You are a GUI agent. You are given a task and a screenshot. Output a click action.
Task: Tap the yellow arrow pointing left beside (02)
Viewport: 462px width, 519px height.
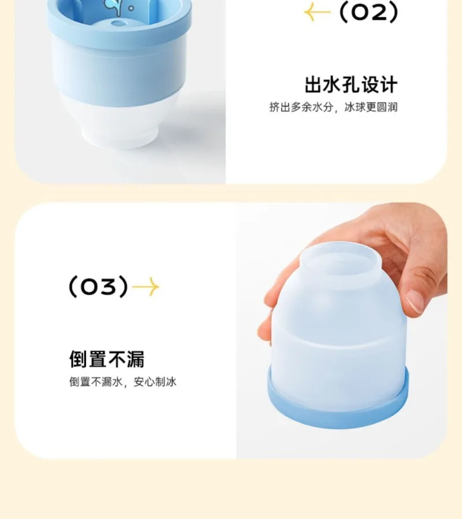[x=317, y=12]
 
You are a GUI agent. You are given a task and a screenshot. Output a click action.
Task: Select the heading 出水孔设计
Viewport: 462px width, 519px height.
[x=351, y=84]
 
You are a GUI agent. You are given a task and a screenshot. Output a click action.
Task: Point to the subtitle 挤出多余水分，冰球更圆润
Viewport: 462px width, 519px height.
[x=333, y=107]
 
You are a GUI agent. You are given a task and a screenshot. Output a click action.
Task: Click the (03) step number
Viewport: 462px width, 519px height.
[x=98, y=286]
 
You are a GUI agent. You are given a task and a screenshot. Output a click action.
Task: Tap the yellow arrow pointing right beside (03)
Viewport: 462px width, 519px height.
[x=146, y=287]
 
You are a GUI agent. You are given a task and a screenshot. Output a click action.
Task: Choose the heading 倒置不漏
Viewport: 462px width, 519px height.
[x=107, y=359]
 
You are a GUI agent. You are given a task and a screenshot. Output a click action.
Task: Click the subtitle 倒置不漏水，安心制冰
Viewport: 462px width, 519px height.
[x=122, y=382]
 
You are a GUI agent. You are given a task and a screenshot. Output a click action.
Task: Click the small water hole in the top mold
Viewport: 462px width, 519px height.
[x=118, y=23]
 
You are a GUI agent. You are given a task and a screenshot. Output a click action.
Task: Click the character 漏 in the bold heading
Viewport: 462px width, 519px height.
[x=135, y=359]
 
